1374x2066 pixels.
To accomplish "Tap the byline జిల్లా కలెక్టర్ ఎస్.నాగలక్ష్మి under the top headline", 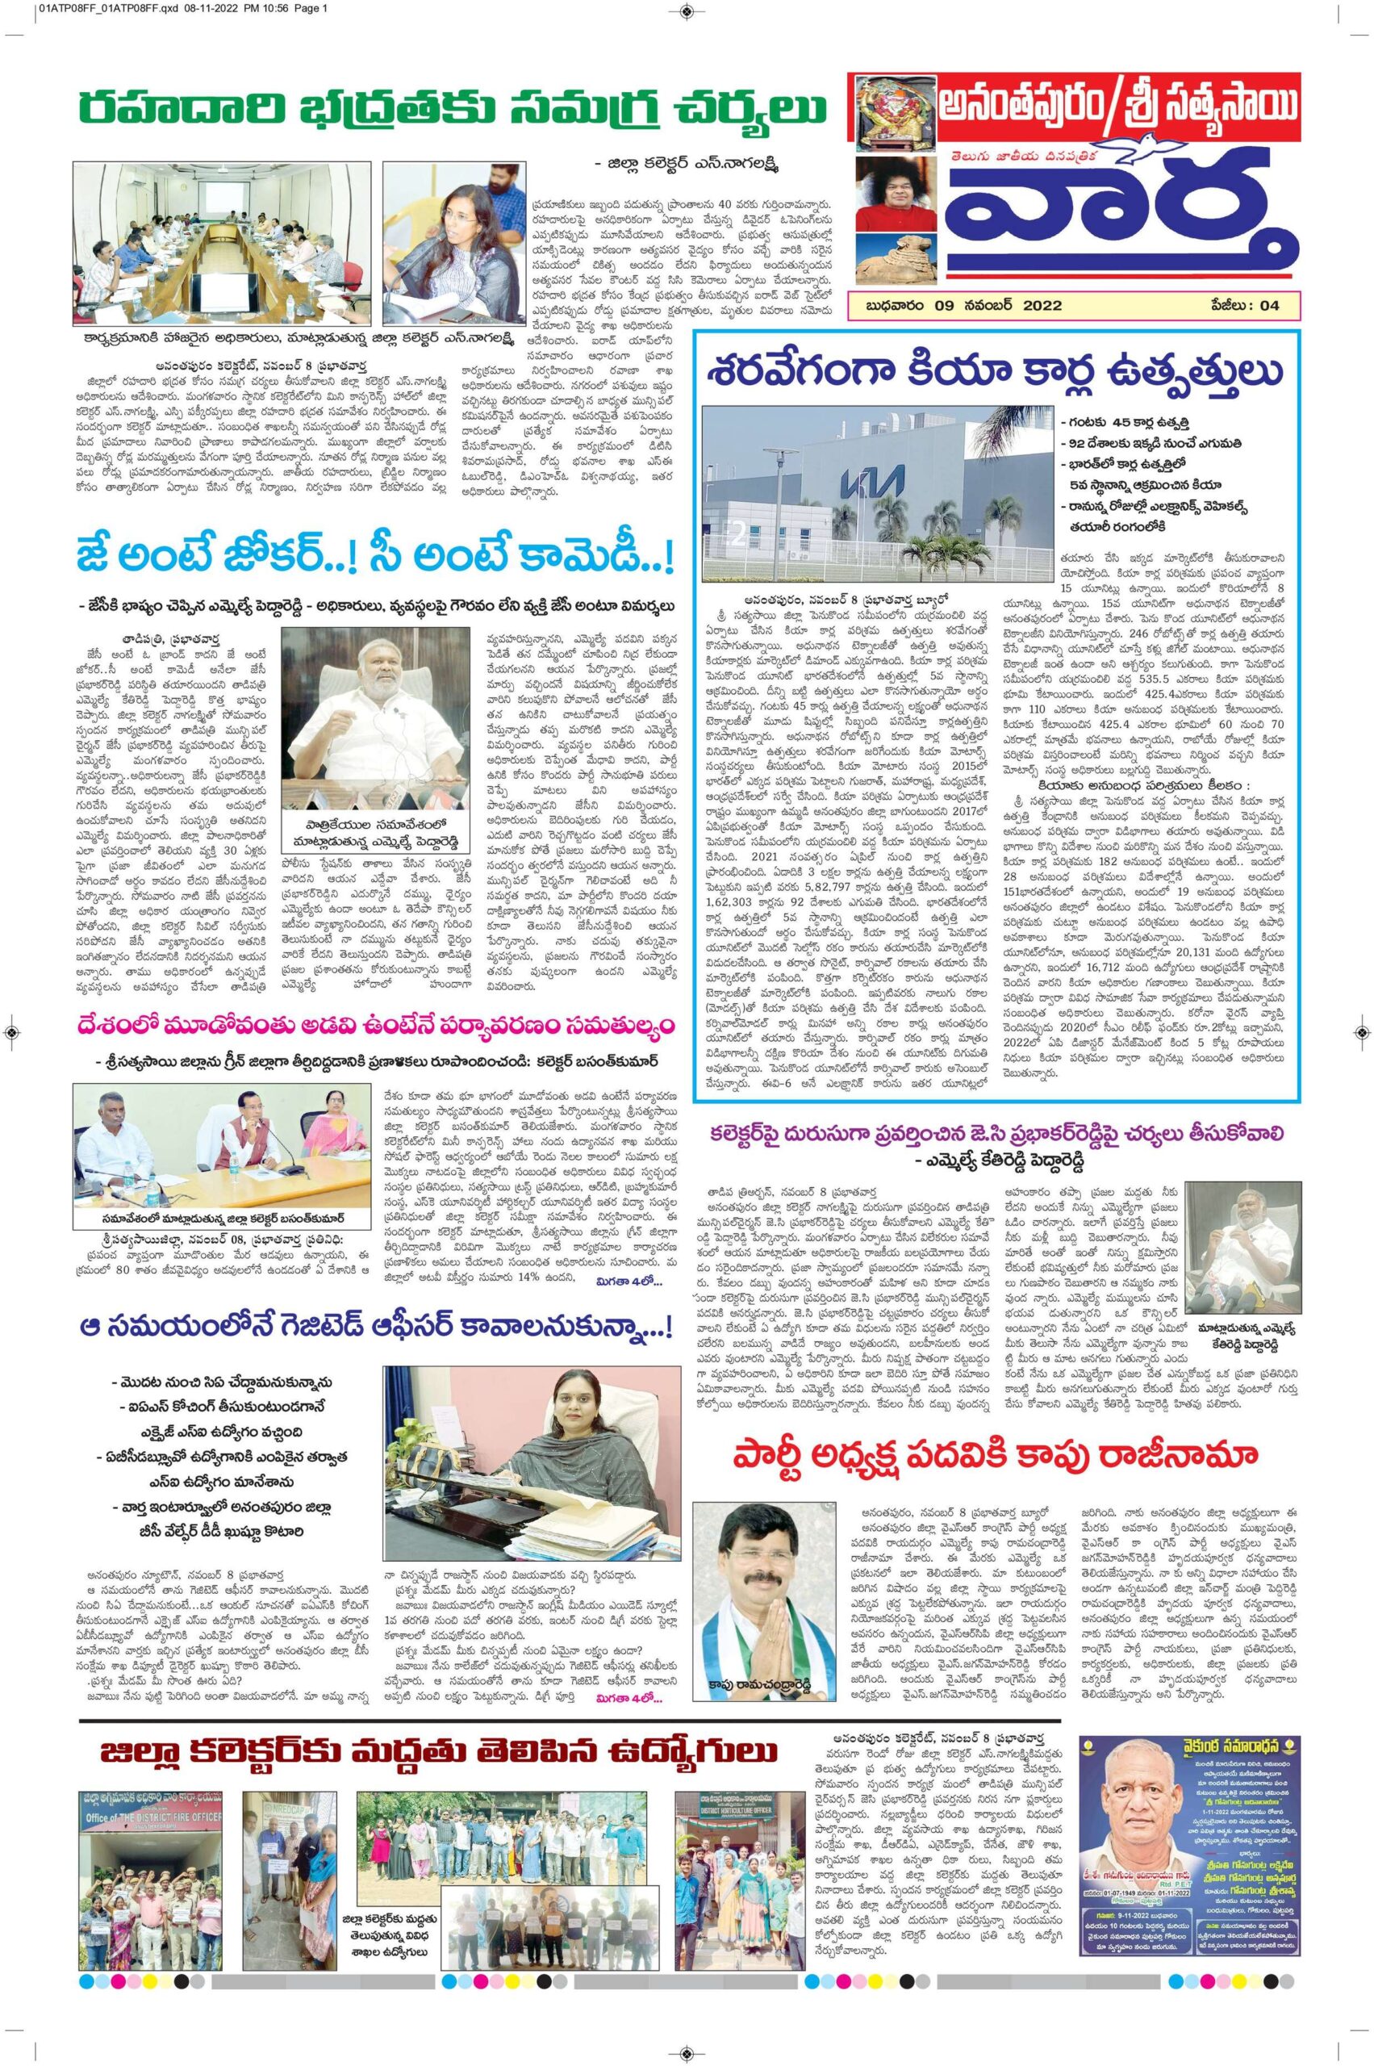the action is click(x=696, y=163).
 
